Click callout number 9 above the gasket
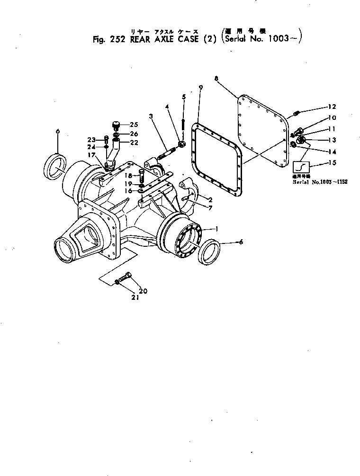200,88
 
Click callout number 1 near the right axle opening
217,229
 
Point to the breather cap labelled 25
117,125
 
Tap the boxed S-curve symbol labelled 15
301,168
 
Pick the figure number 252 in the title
115,40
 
